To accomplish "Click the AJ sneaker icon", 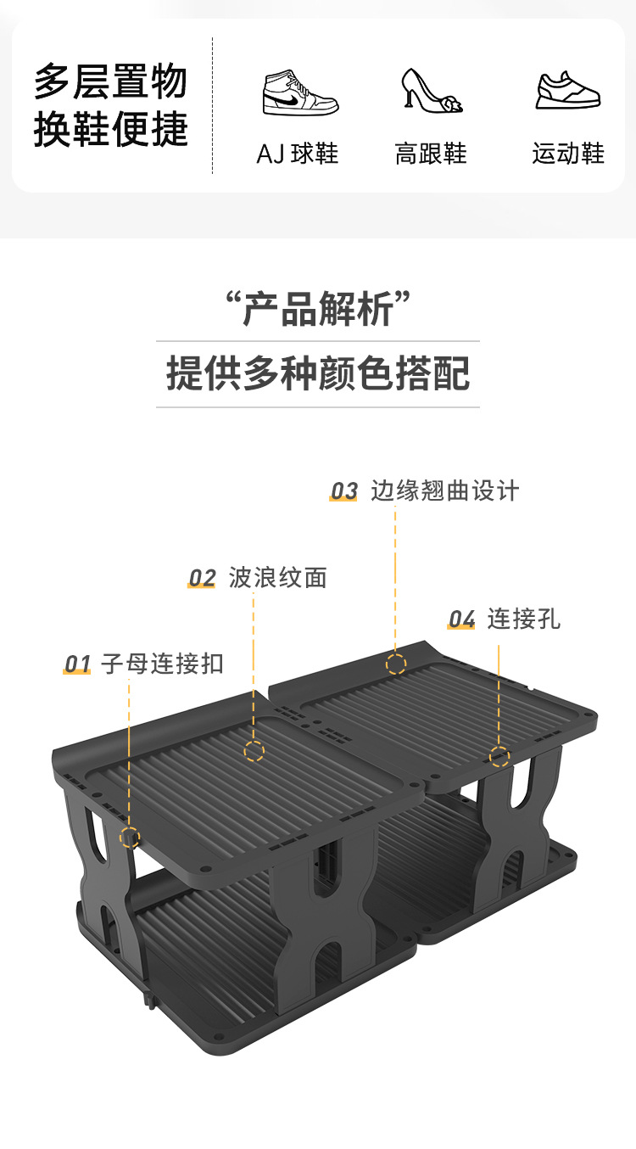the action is [299, 92].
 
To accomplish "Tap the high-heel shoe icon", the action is [432, 90].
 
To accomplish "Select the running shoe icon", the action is [568, 90].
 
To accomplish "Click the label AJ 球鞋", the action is [298, 154].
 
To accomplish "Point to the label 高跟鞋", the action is [431, 154].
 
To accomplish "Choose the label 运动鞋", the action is [568, 154].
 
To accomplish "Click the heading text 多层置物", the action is [110, 82].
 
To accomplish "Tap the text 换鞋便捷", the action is [110, 129].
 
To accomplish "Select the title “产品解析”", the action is [318, 308].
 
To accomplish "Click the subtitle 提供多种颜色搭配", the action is [318, 373].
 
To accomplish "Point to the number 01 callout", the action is [77, 664].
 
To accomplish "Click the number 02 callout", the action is [202, 579].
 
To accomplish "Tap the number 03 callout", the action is [343, 491].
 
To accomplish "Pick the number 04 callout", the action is [461, 620].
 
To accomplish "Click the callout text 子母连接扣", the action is [162, 664].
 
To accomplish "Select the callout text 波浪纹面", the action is [277, 579].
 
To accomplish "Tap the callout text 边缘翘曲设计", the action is [444, 491].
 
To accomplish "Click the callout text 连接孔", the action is [523, 619].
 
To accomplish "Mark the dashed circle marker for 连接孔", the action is [499, 756].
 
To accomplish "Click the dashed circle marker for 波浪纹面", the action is [254, 751].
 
